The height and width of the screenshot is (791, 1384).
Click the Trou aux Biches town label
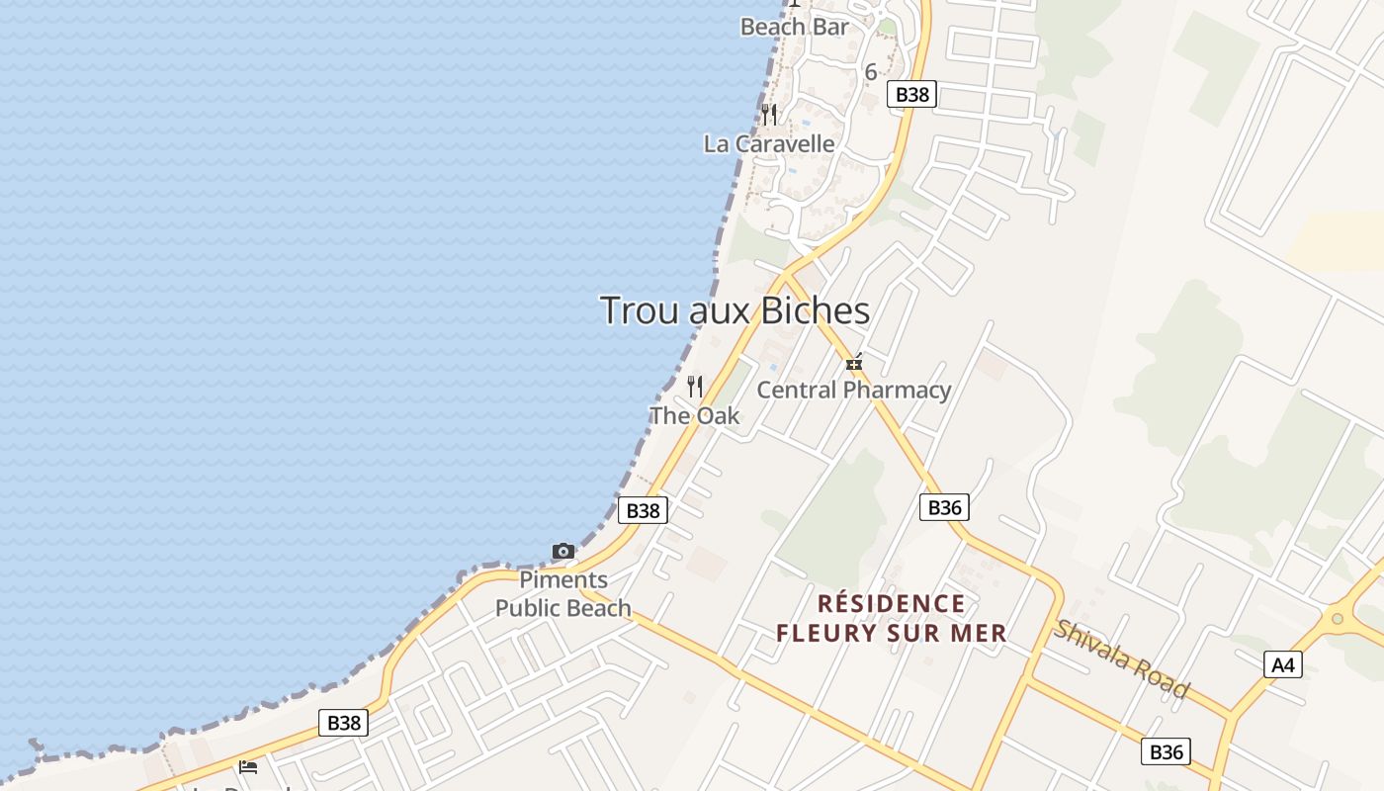(x=735, y=310)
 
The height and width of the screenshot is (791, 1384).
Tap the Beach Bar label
(x=794, y=27)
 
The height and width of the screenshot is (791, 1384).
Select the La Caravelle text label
(x=769, y=144)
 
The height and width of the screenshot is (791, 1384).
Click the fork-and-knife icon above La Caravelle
(x=769, y=115)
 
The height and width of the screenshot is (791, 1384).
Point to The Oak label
(x=694, y=416)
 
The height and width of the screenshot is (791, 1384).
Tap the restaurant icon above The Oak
(x=695, y=386)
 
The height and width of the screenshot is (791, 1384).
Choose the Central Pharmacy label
(x=854, y=390)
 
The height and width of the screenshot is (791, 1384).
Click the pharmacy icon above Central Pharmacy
(x=854, y=363)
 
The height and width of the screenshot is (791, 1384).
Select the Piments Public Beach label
(x=563, y=594)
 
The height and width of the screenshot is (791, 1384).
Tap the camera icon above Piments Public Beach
(x=563, y=551)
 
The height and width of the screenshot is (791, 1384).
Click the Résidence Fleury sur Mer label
(x=892, y=618)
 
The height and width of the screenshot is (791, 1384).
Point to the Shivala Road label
(x=1121, y=659)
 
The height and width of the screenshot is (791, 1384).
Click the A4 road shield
(x=1282, y=664)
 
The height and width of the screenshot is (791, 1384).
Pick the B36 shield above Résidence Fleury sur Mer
(x=944, y=507)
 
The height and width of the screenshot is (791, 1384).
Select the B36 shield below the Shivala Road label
(x=1166, y=751)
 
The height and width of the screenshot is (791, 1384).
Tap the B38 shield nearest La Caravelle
(x=911, y=94)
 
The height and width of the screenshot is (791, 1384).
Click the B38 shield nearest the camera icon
(x=643, y=510)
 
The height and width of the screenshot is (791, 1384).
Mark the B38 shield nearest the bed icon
(x=343, y=723)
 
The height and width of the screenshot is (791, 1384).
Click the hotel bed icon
(x=248, y=766)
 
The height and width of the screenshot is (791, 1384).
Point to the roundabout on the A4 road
(x=1338, y=619)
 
